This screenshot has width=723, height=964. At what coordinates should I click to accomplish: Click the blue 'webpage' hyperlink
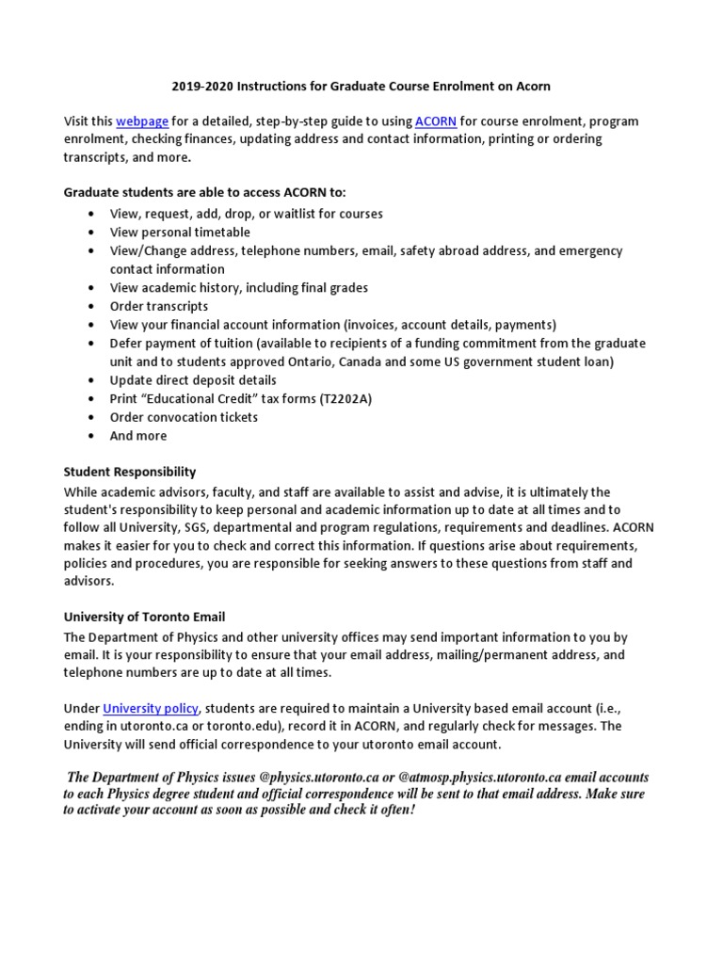pos(138,121)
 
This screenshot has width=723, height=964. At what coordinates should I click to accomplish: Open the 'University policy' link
pos(151,708)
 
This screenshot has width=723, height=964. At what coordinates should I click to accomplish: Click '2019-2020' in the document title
pos(201,86)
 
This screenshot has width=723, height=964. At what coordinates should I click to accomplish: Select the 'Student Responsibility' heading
pos(130,472)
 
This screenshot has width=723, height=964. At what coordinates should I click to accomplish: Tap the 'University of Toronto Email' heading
pos(144,617)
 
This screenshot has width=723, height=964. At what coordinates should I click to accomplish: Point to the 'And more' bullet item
pos(138,436)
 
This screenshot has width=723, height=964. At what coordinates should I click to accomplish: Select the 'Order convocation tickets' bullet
pos(184,417)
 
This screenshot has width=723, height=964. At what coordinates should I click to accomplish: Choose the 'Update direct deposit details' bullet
pos(193,380)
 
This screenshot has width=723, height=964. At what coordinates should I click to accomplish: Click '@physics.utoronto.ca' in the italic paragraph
pos(319,778)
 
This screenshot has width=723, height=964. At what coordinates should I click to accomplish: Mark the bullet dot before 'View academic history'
pos(89,288)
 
